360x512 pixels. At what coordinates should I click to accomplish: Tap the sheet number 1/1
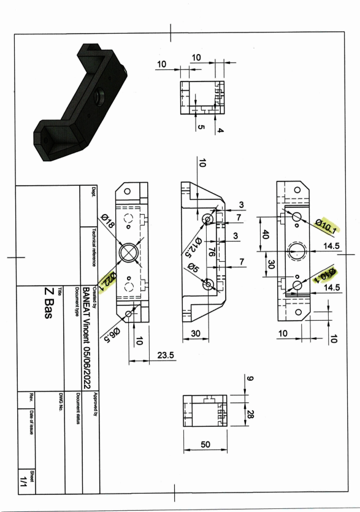[x=23, y=481]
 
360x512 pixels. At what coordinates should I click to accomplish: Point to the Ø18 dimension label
[x=108, y=221]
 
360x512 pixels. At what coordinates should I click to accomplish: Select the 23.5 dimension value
[x=166, y=355]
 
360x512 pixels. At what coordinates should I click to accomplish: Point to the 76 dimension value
[x=212, y=252]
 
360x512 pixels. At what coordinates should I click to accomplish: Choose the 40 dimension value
[x=266, y=234]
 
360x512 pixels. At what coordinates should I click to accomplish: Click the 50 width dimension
[x=205, y=444]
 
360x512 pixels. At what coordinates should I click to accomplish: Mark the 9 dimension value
[x=250, y=378]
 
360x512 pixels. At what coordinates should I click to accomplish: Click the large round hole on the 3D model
[x=99, y=95]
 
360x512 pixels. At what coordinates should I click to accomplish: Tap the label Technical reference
[x=94, y=248]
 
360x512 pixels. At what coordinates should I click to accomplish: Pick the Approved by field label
[x=96, y=404]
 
